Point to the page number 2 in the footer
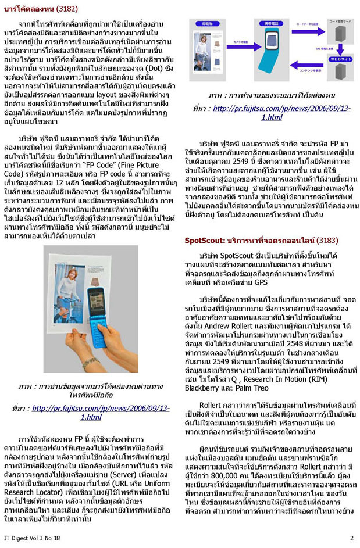(352, 538)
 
